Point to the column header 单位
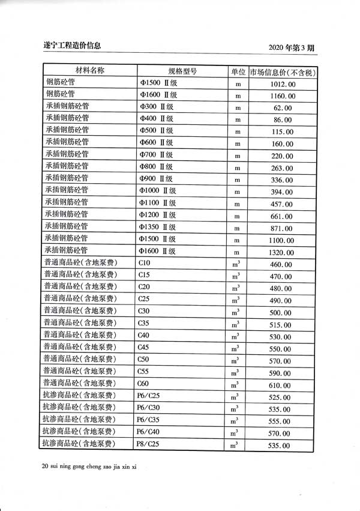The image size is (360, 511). tap(238, 71)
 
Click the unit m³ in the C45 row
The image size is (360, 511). tap(236, 348)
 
